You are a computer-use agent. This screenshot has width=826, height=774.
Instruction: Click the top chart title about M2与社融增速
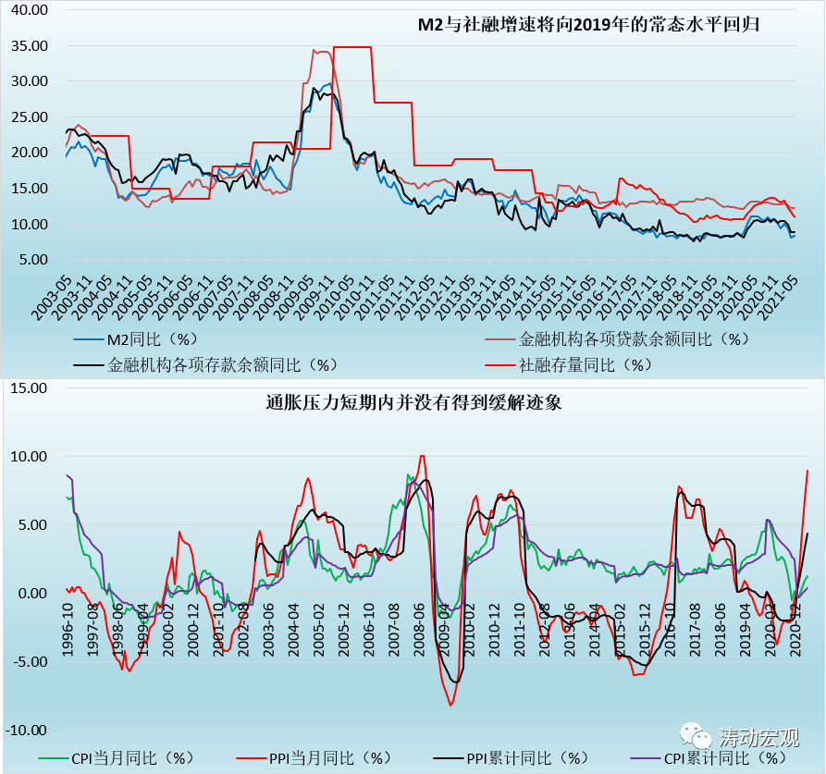589,23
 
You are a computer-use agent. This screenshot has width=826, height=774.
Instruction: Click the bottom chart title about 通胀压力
413,402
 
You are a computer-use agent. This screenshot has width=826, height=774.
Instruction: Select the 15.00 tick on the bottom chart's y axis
29,388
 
